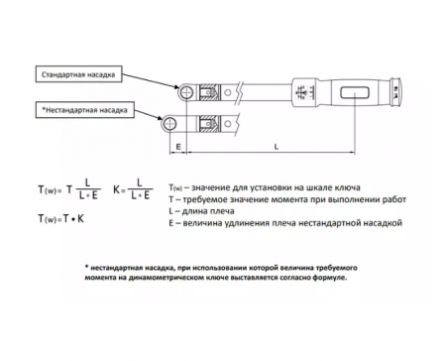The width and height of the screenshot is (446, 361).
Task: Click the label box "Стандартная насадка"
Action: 78,74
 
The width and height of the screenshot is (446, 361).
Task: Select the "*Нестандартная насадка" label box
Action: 85,110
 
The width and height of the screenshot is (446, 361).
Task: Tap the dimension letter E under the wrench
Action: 178,146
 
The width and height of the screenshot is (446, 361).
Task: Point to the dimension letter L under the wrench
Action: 277,146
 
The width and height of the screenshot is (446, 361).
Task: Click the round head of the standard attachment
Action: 187,92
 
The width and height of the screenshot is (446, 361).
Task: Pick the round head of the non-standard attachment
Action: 169,124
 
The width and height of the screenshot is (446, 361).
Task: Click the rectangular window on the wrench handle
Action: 355,92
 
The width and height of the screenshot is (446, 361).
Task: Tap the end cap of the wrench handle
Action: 395,92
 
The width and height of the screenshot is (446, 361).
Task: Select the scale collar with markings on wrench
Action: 305,92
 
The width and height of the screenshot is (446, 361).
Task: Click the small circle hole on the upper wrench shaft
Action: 227,92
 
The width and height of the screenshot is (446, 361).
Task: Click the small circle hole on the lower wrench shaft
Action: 227,124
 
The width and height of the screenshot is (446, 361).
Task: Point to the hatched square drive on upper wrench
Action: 209,92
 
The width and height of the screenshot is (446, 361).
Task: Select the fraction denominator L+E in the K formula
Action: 140,195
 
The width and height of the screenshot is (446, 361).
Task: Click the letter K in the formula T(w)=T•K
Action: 80,218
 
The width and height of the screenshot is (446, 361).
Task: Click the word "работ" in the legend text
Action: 394,199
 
